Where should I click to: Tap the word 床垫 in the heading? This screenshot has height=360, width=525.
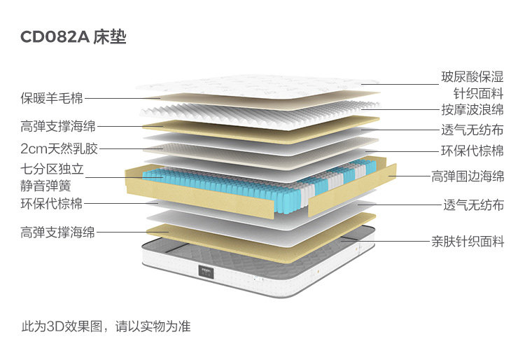(x=110, y=37)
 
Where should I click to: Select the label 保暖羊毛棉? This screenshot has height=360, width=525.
(x=51, y=99)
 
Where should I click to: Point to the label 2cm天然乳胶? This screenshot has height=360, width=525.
(x=58, y=148)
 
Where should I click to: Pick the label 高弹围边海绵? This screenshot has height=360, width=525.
(x=467, y=176)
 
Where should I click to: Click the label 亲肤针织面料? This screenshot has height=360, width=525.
(x=467, y=242)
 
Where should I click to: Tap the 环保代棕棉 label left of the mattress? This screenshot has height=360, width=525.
(x=51, y=204)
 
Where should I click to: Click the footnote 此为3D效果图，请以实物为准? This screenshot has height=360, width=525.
(x=106, y=326)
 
